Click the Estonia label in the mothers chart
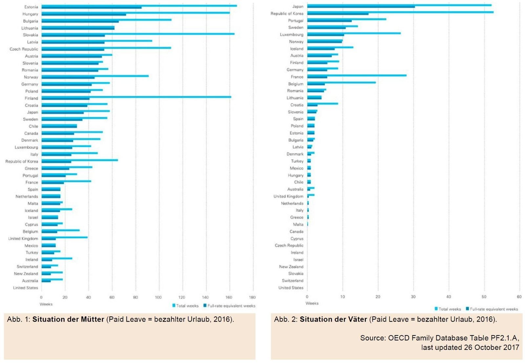point(31,7)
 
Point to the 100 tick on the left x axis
point(158,297)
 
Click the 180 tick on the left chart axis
point(252,297)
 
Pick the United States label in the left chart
point(26,288)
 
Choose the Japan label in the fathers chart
point(298,7)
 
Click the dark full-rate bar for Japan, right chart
point(361,7)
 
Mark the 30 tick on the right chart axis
point(413,297)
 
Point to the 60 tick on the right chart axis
point(519,297)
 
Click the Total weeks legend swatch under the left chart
point(174,306)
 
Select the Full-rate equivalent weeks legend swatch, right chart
point(467,309)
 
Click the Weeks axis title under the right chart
point(312,303)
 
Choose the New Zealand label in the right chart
point(291,267)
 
